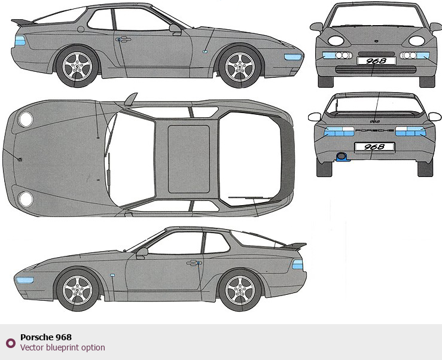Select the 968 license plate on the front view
(376, 60)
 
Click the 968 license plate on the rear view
(375, 147)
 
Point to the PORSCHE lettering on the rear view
(374, 130)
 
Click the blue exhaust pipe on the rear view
(342, 157)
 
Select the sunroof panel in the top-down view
(188, 158)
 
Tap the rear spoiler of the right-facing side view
(21, 23)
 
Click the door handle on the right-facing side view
(124, 40)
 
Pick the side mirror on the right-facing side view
(175, 28)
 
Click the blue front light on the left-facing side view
(25, 279)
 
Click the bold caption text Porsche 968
(45, 337)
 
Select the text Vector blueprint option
(62, 347)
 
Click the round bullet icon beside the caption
(10, 343)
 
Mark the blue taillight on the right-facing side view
(20, 41)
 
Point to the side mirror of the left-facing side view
(142, 252)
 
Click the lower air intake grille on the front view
(374, 70)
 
